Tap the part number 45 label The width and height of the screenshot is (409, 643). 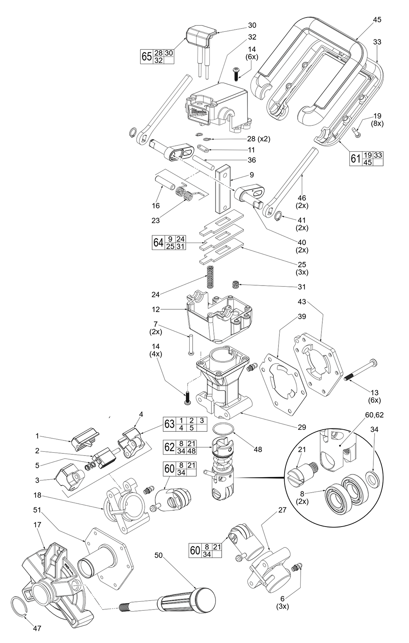(x=377, y=19)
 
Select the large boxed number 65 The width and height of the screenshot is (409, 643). (x=147, y=57)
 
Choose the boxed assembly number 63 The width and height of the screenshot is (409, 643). (x=169, y=424)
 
